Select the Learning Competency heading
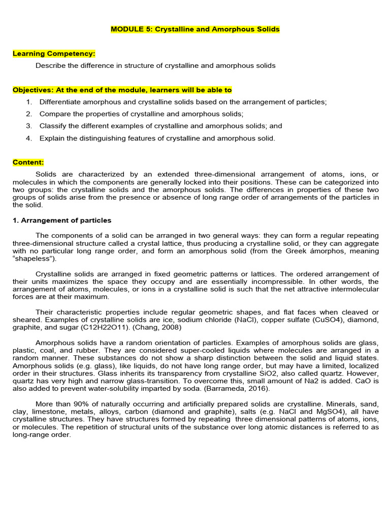pos(54,53)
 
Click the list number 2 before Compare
pos(29,114)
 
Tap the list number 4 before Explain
pos(29,138)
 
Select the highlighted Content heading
pos(28,162)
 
